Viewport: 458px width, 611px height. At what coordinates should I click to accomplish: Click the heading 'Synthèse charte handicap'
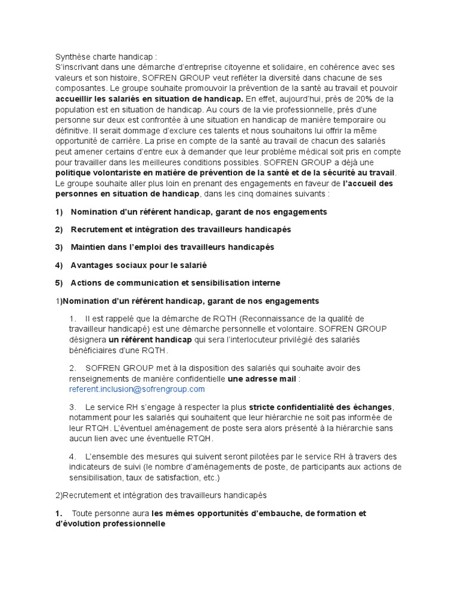tap(106, 57)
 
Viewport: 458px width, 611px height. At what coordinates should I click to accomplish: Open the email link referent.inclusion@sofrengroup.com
tap(137, 389)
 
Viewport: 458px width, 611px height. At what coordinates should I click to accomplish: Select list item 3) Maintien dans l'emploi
tap(165, 247)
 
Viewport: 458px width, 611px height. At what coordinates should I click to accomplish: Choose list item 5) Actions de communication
tap(168, 283)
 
